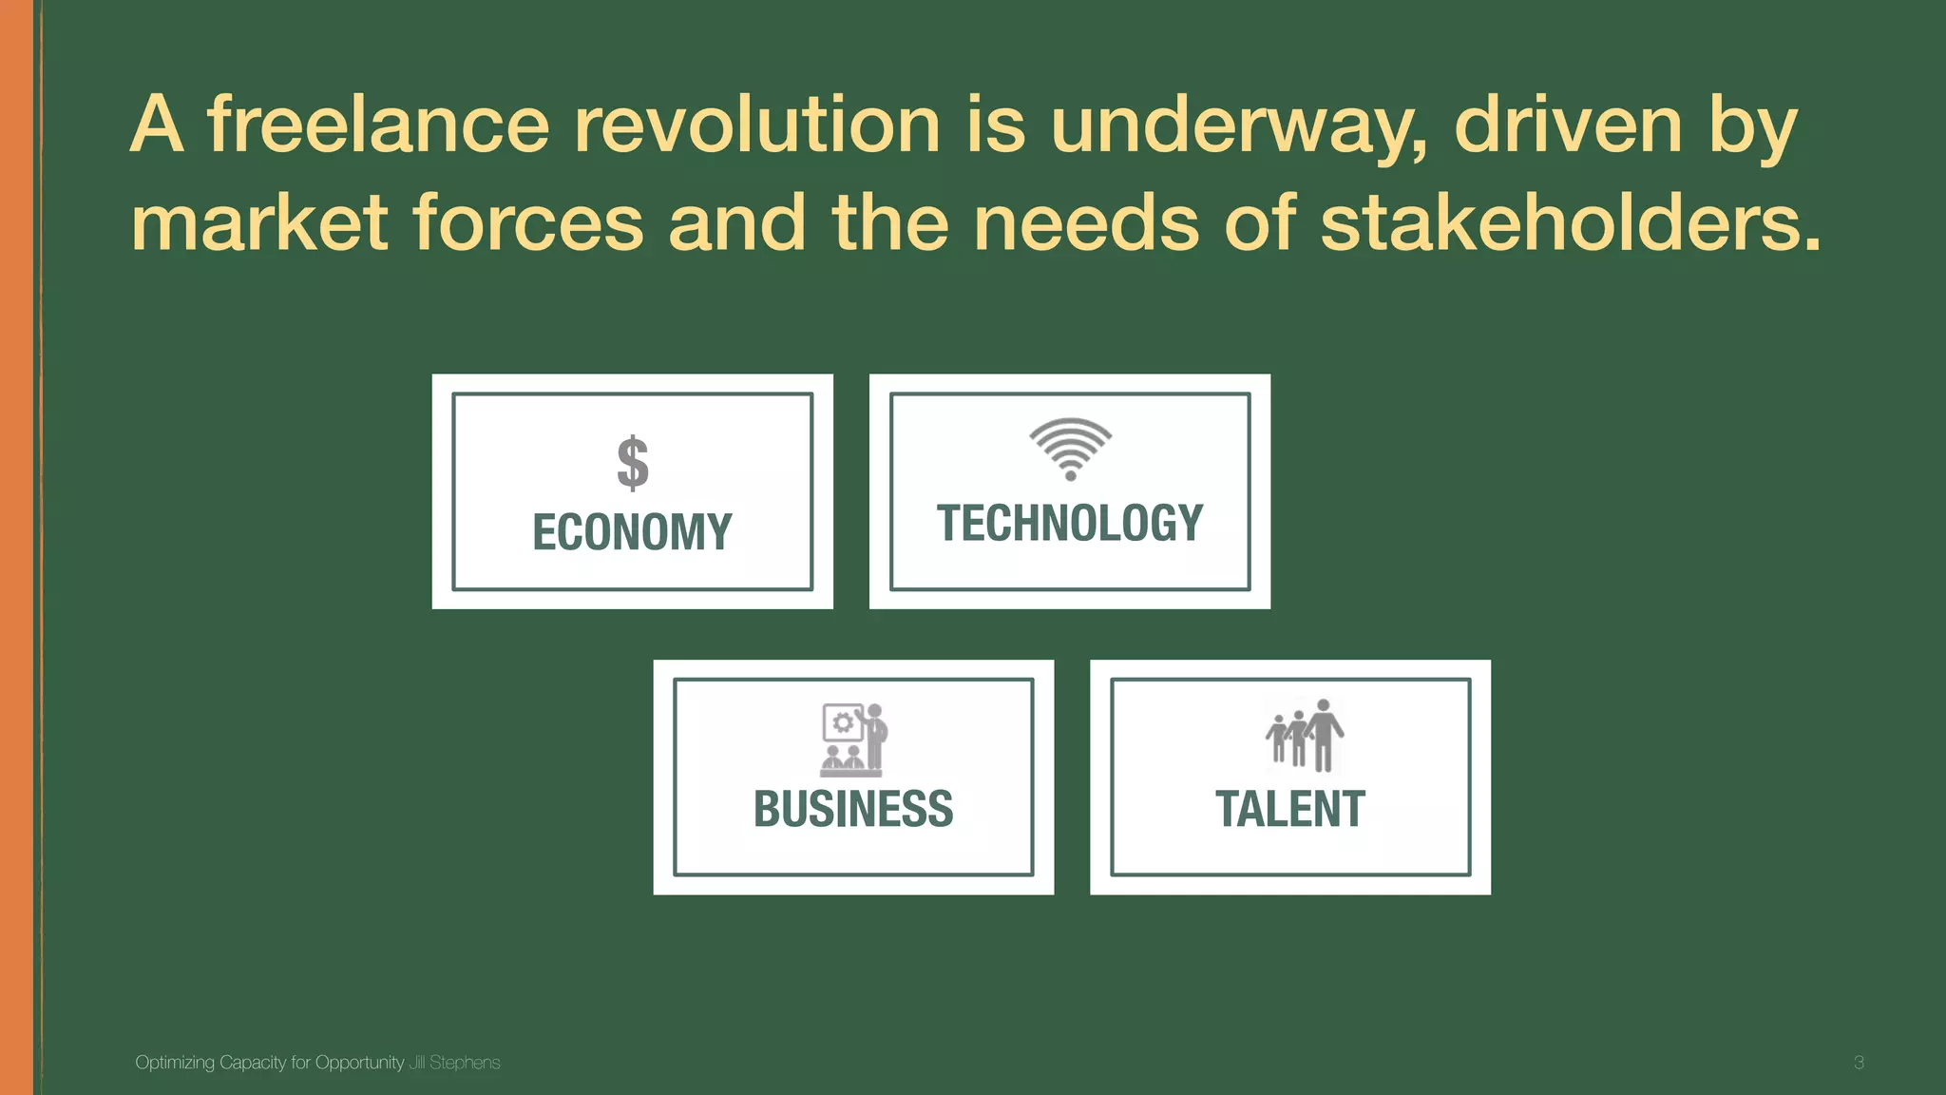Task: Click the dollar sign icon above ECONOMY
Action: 633,463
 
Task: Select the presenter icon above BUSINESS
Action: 853,740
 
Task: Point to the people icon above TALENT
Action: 1305,735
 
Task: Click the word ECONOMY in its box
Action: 632,532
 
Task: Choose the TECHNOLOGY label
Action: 1070,524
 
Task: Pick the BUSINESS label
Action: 853,810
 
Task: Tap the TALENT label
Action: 1290,810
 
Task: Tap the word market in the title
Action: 259,223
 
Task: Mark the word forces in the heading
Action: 528,223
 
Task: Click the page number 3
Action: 1859,1063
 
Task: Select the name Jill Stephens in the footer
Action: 454,1063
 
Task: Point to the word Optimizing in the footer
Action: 175,1063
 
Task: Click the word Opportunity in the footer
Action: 359,1063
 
